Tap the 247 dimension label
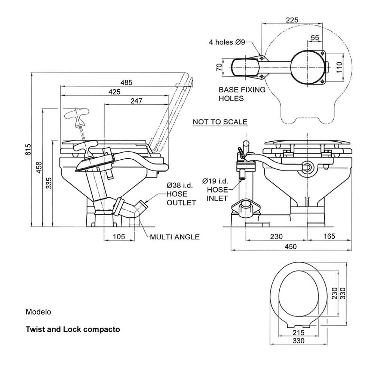(x=137, y=101)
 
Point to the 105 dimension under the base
(x=118, y=236)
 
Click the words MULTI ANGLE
(x=175, y=237)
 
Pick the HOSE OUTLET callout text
(x=181, y=199)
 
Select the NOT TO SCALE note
(x=220, y=122)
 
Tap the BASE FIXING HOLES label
(x=242, y=94)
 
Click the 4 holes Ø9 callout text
(x=227, y=42)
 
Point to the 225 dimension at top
(x=292, y=20)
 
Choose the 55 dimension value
(x=315, y=37)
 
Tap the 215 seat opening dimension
(x=298, y=332)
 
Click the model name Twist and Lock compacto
(x=73, y=329)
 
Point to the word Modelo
(x=38, y=311)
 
